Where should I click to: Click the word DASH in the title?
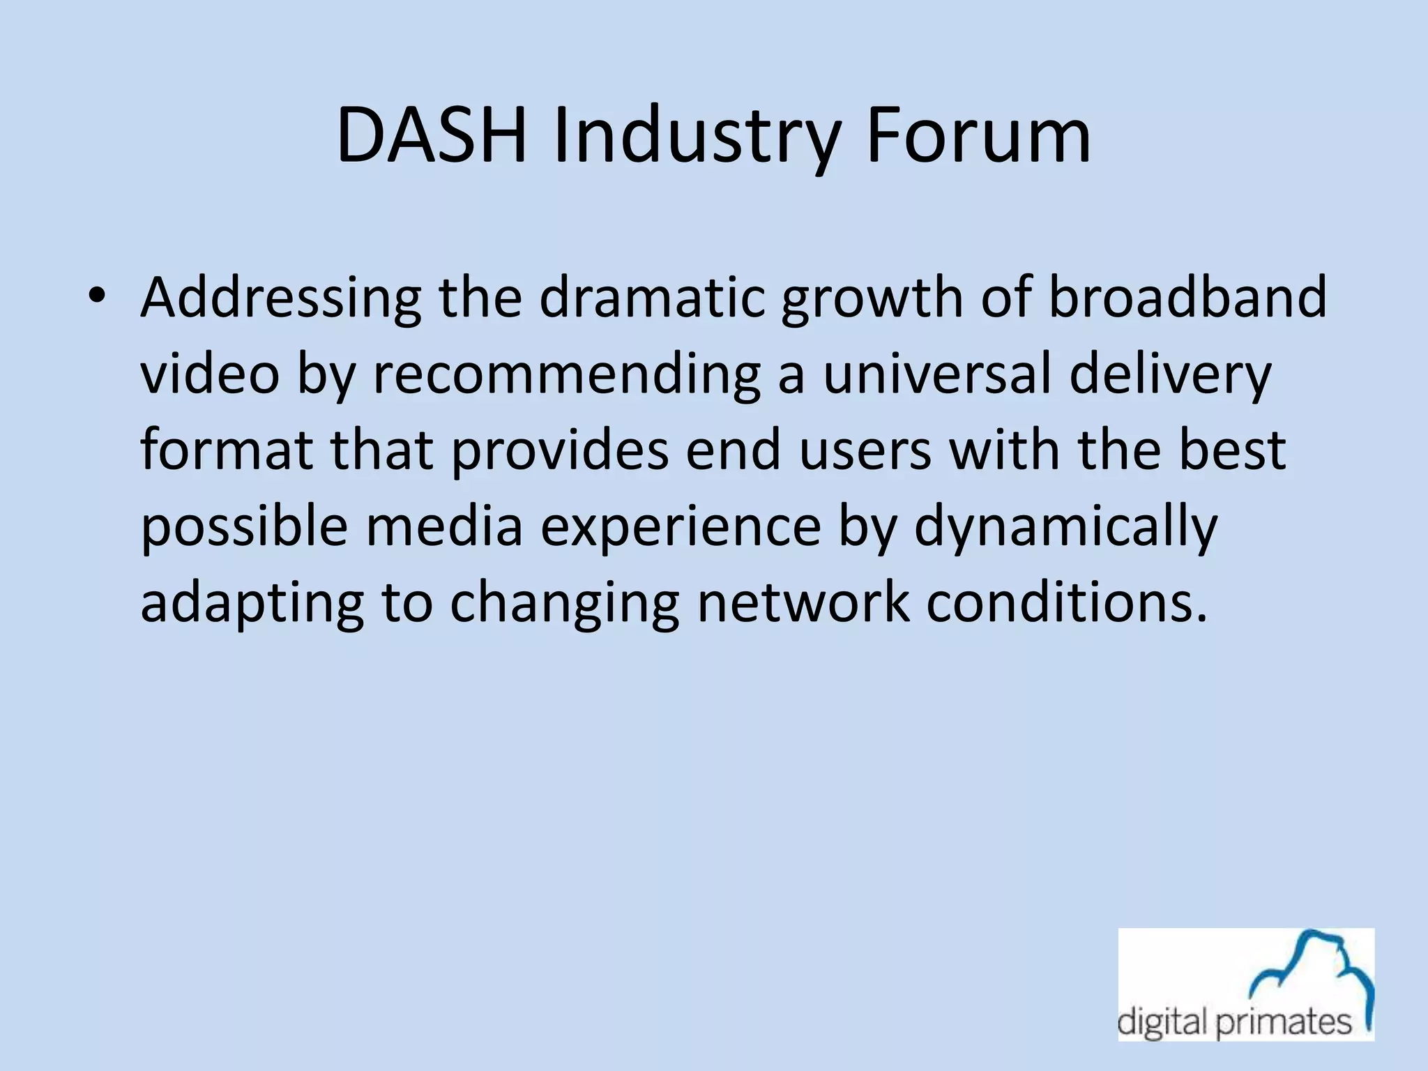(430, 136)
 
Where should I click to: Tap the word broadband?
(1187, 297)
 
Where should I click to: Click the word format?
(226, 450)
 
